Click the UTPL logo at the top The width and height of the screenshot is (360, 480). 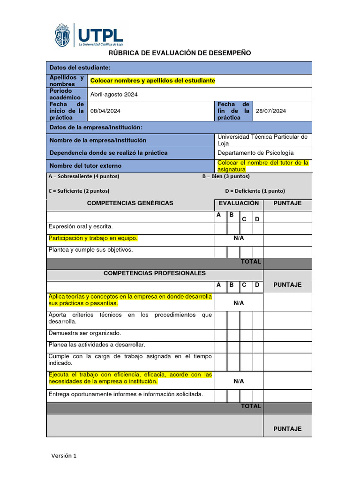(89, 35)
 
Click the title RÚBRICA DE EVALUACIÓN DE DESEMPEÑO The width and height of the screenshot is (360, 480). (180, 53)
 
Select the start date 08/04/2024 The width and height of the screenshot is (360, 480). (105, 111)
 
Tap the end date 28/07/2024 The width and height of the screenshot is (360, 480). (271, 111)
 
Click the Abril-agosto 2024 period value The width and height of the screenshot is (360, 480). (114, 94)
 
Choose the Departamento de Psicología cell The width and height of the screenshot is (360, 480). (255, 153)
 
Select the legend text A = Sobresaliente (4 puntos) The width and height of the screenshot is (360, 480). (84, 176)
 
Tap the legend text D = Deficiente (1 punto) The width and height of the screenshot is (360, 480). (255, 191)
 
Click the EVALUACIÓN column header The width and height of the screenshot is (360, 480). (239, 203)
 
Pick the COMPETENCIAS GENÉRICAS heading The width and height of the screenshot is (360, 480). (130, 203)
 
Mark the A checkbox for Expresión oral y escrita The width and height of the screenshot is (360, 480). (220, 228)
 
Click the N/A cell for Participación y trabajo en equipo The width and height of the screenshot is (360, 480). (239, 238)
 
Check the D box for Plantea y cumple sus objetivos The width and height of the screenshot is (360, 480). (257, 252)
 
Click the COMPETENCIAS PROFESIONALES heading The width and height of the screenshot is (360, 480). (154, 273)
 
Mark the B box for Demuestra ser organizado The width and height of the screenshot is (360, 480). (233, 335)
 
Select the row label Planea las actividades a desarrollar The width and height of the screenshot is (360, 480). (97, 345)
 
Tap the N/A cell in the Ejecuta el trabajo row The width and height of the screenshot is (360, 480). (239, 381)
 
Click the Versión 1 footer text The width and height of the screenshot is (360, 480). (64, 456)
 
